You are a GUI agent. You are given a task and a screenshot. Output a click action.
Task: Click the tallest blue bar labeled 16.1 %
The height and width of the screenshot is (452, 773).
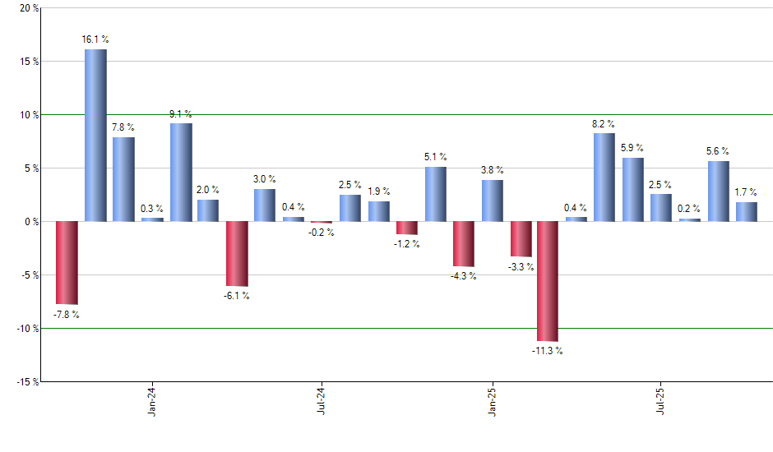(x=95, y=136)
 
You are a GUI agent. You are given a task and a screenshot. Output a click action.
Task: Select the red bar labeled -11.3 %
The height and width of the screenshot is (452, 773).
(x=548, y=281)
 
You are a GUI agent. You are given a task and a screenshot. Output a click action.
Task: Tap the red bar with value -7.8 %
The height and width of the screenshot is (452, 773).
(x=67, y=263)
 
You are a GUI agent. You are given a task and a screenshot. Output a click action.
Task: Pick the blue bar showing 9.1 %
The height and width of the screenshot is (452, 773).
(x=181, y=173)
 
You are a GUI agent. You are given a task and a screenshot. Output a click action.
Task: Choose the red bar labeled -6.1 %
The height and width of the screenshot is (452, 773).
(x=237, y=254)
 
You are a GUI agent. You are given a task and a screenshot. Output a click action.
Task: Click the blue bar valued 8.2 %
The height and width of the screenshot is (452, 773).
(x=604, y=178)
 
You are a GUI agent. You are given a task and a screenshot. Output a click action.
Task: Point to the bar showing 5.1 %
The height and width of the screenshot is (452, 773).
(x=436, y=194)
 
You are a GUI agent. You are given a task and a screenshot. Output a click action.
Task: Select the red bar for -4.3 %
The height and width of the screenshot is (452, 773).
(x=464, y=244)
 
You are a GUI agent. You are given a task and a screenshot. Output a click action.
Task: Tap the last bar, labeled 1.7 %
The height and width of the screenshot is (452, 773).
(x=747, y=212)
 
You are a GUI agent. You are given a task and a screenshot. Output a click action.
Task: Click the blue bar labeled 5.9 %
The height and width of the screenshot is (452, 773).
(x=633, y=190)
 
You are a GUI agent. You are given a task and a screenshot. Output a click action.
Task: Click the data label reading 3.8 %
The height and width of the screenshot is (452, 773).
(x=493, y=170)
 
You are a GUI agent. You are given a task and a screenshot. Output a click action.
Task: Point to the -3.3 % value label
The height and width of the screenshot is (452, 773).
(x=521, y=267)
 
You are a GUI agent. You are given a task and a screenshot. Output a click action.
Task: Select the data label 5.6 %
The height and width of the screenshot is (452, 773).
(x=718, y=151)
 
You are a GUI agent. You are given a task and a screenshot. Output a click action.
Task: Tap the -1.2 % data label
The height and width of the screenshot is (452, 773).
(x=406, y=244)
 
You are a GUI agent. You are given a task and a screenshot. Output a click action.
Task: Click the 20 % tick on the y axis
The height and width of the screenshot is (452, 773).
(x=28, y=8)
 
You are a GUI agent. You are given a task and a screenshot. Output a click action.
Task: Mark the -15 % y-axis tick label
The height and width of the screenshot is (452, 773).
(x=25, y=382)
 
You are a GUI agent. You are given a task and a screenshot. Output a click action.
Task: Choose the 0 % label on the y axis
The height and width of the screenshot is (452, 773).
(x=30, y=222)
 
